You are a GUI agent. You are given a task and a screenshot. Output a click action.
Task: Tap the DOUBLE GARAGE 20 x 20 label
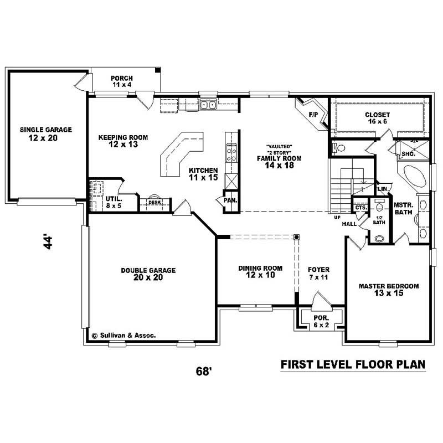pyautogui.click(x=148, y=274)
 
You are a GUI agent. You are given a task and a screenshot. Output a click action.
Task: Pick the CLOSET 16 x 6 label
pyautogui.click(x=378, y=118)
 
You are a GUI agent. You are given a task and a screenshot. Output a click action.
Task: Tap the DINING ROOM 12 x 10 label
pyautogui.click(x=260, y=271)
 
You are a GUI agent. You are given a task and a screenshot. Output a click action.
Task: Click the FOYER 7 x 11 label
pyautogui.click(x=318, y=273)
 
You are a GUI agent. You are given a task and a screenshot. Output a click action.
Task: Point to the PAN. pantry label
pyautogui.click(x=230, y=200)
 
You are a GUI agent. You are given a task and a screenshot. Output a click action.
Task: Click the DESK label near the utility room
pyautogui.click(x=154, y=203)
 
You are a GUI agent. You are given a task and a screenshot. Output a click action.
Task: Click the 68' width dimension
pyautogui.click(x=204, y=370)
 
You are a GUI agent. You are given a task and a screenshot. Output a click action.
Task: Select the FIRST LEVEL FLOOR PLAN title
pyautogui.click(x=353, y=364)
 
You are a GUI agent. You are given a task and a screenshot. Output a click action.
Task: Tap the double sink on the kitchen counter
pyautogui.click(x=208, y=104)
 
